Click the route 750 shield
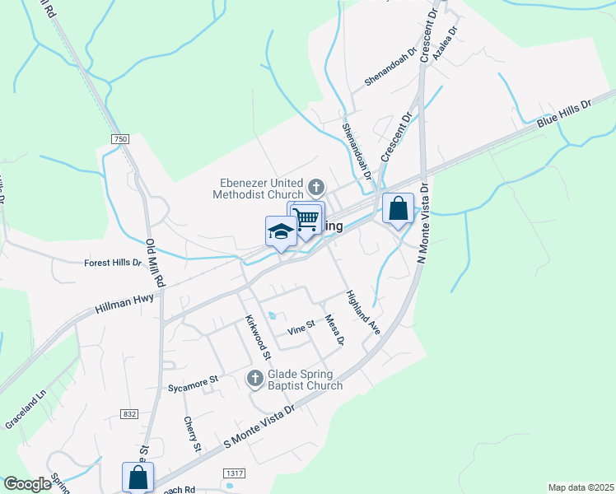coord(121,140)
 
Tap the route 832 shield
coord(128,413)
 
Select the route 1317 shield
coord(233,473)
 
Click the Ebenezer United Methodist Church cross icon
coord(317,185)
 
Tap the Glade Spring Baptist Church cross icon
coord(254,378)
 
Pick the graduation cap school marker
coord(281,232)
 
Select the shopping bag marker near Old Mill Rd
coord(138,478)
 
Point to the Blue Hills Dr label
coord(564,114)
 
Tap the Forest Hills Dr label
coord(114,263)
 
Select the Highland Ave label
coord(362,312)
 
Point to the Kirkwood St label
coord(258,338)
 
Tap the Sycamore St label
coord(192,380)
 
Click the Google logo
coord(27,484)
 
